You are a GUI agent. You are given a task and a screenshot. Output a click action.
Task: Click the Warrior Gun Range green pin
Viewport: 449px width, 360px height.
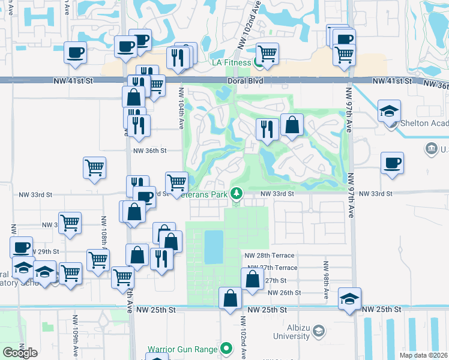point(226,348)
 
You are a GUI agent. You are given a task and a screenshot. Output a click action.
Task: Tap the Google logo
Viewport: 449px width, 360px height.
point(20,353)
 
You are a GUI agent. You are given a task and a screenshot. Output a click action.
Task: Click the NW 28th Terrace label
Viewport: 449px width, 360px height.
point(270,256)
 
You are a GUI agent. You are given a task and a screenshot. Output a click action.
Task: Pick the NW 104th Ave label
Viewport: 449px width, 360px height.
point(181,107)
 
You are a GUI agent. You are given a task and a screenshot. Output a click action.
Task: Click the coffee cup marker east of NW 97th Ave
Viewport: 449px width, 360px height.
point(392,163)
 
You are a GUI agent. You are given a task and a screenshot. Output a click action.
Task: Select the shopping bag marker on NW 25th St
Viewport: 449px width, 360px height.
point(231,298)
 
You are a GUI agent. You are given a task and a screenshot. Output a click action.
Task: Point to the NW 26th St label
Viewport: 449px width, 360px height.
point(284,292)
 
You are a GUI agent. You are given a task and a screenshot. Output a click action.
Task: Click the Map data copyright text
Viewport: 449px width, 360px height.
point(423,355)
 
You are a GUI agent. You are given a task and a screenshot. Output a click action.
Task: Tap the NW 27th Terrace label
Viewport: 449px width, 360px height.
point(270,268)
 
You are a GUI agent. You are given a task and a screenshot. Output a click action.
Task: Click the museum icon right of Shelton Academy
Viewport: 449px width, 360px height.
point(430,148)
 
